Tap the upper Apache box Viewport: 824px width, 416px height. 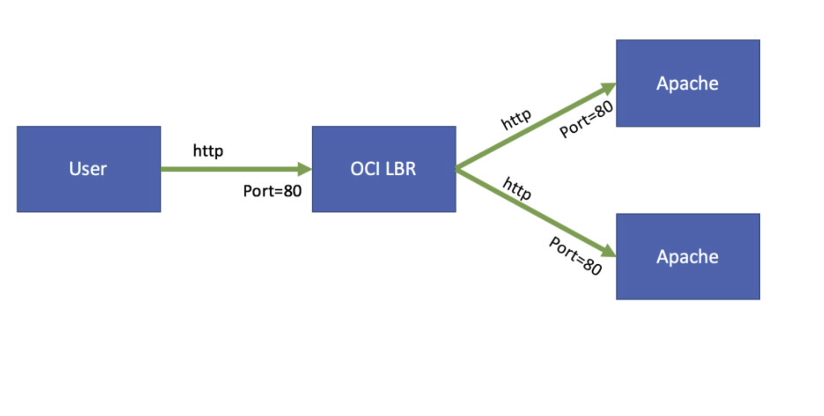(x=687, y=109)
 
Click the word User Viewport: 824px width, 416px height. (x=88, y=169)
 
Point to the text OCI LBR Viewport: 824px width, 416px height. (x=383, y=169)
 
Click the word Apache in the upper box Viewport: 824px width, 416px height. (x=687, y=84)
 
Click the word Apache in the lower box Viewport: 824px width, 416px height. (x=687, y=257)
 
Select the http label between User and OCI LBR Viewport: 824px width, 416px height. (x=208, y=151)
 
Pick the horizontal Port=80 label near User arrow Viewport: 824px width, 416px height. (x=272, y=191)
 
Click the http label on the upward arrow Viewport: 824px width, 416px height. (x=516, y=119)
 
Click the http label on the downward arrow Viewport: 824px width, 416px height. (x=517, y=189)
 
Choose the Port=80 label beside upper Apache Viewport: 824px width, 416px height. (x=586, y=119)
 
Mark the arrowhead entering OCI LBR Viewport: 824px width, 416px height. (x=305, y=169)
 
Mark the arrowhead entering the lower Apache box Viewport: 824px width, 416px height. (x=608, y=251)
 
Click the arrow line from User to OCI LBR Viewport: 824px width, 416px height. (x=227, y=169)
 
